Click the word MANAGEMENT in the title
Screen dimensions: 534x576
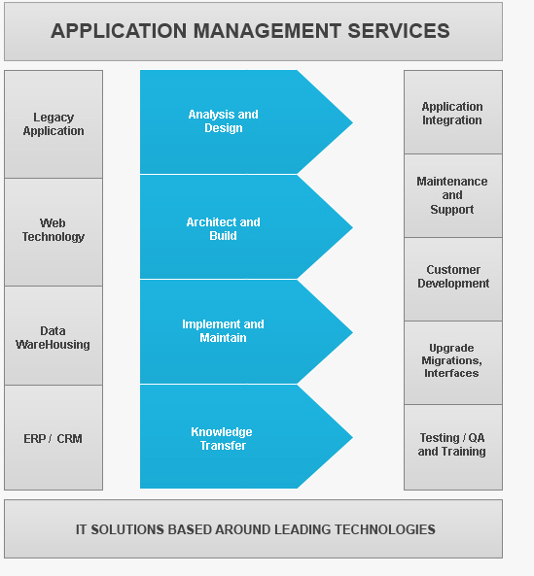(x=267, y=31)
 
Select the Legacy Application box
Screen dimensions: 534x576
(x=53, y=124)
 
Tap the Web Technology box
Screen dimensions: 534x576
(x=53, y=232)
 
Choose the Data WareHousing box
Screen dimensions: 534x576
(x=53, y=336)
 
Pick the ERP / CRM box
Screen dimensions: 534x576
(x=53, y=437)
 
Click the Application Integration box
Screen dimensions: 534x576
(x=453, y=113)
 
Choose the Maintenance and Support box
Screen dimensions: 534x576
(x=453, y=196)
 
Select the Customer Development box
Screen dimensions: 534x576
(x=453, y=279)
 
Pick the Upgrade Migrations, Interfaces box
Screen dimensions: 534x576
(x=453, y=363)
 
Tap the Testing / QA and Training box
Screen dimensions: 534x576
(x=453, y=448)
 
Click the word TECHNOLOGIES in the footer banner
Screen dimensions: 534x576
(x=385, y=529)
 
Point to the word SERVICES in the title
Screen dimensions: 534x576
(x=399, y=31)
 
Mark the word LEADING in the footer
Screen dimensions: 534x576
(x=303, y=529)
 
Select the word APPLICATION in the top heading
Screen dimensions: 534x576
(x=119, y=31)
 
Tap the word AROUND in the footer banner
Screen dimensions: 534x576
(x=243, y=529)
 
